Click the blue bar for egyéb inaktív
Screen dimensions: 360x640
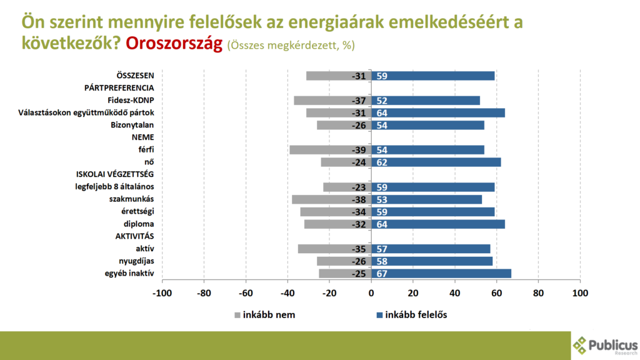[441, 273]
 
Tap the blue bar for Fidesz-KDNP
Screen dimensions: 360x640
[426, 101]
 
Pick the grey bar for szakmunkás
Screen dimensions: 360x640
[331, 199]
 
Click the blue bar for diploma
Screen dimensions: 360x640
[438, 224]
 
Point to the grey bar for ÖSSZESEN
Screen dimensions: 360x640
[339, 76]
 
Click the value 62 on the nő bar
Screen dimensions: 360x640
[381, 162]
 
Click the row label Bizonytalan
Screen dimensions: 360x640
[132, 125]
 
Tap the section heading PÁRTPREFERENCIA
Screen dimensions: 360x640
[119, 88]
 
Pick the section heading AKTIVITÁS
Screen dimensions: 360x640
[134, 236]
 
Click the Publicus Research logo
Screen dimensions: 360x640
[605, 345]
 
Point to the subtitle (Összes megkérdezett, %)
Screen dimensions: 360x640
[291, 46]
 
